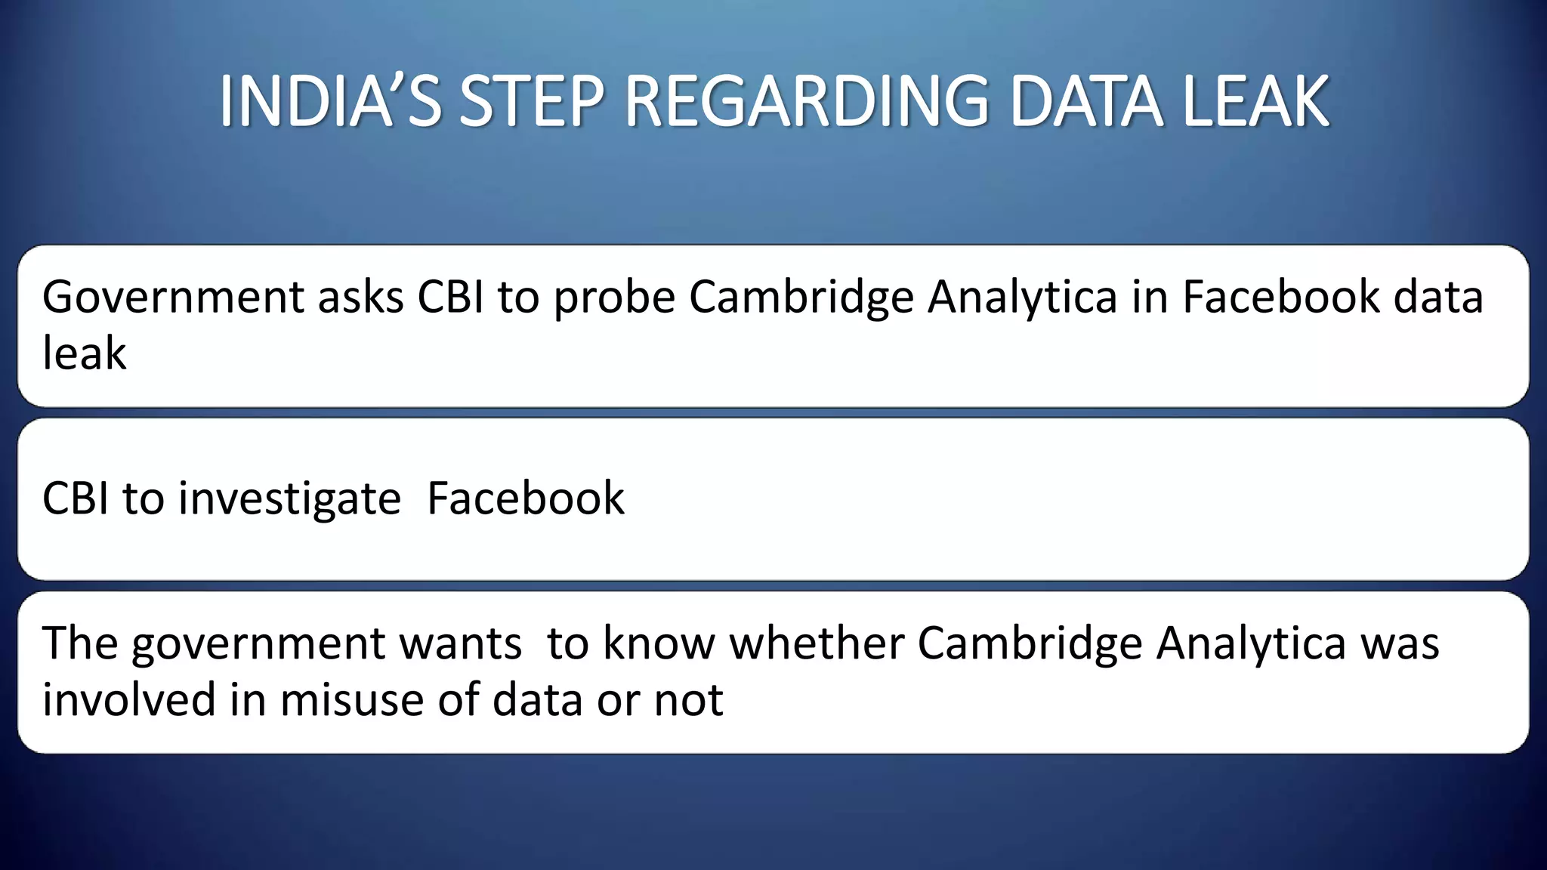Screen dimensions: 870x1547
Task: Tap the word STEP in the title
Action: coord(533,101)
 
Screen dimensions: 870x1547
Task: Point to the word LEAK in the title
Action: coord(1255,101)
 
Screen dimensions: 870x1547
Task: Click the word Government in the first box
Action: coord(173,297)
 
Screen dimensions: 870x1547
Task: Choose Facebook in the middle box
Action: coord(526,498)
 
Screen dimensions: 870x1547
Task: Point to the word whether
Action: coord(817,643)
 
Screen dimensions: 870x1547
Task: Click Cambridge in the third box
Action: coord(1030,644)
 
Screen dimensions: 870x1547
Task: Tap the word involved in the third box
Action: coord(129,699)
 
